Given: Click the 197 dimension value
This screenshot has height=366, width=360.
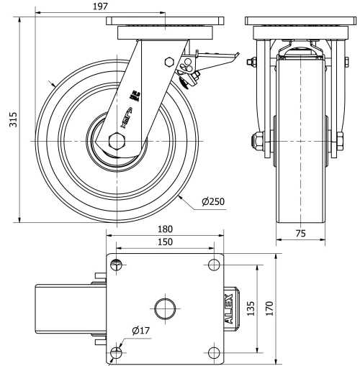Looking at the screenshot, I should (x=101, y=7).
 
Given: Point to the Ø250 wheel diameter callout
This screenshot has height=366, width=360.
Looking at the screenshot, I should (x=215, y=203).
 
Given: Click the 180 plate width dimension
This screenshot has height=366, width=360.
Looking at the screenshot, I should (x=166, y=229).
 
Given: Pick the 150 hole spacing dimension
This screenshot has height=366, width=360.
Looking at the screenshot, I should (x=166, y=243).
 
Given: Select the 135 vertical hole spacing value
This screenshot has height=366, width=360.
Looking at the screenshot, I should (x=249, y=308).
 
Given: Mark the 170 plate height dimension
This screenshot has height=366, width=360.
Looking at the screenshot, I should (x=269, y=308).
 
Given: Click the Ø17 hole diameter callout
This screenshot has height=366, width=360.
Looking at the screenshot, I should (x=140, y=331).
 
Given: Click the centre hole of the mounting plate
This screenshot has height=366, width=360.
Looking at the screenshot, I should (x=166, y=308).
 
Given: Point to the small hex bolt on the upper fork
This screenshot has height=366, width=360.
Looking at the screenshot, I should (x=169, y=63).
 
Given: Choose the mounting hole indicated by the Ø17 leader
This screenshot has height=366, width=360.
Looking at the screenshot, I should (x=117, y=352).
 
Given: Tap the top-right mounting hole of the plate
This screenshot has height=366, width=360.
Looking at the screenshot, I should (x=213, y=265).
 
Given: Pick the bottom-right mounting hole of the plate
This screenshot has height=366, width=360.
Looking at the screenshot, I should (x=213, y=352).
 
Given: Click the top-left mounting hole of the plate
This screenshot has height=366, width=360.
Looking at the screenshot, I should (x=117, y=265).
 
